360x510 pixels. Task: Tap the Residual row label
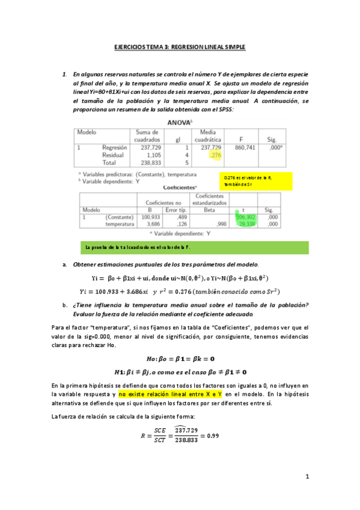114,155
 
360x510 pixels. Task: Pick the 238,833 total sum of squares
147,162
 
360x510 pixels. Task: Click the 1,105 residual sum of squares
149,155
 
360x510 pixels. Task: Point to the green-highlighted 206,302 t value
246,217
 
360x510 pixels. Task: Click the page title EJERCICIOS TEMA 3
180,47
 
